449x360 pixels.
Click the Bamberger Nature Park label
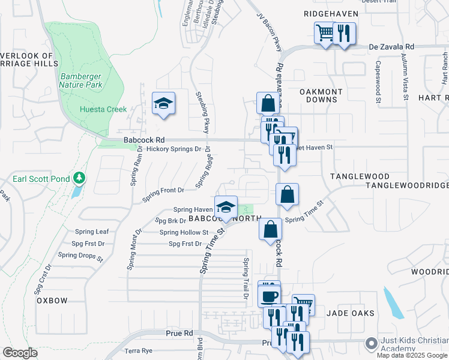[x=81, y=80]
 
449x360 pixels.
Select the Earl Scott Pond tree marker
[x=79, y=178]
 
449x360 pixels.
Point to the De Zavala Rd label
[x=391, y=46]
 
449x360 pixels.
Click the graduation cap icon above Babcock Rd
[x=163, y=103]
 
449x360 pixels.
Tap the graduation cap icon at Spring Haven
[x=226, y=207]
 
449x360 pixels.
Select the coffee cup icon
[x=269, y=296]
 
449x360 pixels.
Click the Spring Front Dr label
[x=163, y=191]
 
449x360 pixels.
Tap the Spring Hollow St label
[x=184, y=232]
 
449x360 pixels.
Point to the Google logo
[x=20, y=353]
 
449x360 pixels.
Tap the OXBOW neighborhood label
[x=52, y=300]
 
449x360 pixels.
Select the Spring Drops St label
[x=80, y=255]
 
